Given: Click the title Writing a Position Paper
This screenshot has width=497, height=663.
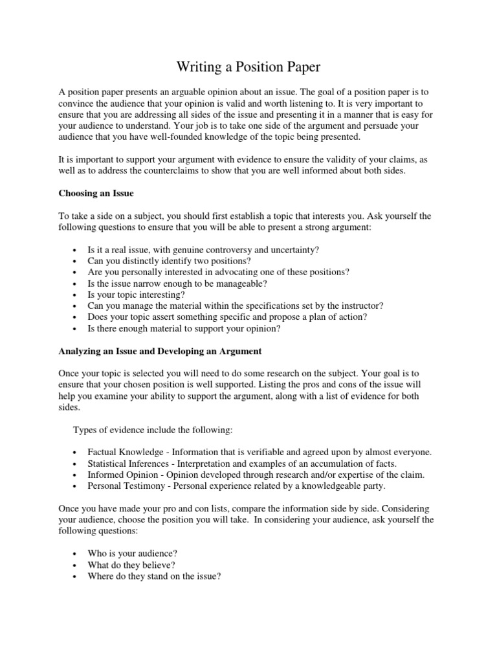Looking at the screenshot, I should pos(248,67).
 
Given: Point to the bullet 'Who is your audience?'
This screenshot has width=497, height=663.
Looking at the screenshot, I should pos(132,554).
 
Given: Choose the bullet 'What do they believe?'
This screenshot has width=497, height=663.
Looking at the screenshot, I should pos(131,565).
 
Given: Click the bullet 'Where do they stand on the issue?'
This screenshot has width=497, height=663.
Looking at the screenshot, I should pos(154,576).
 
